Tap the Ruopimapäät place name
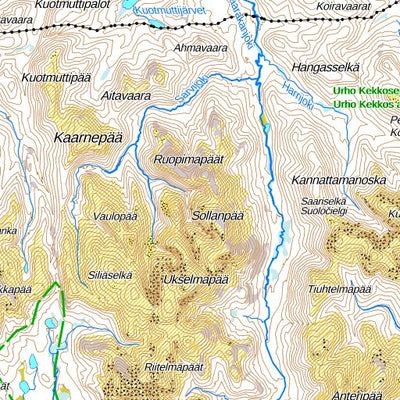(187, 159)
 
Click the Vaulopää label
(115, 216)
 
